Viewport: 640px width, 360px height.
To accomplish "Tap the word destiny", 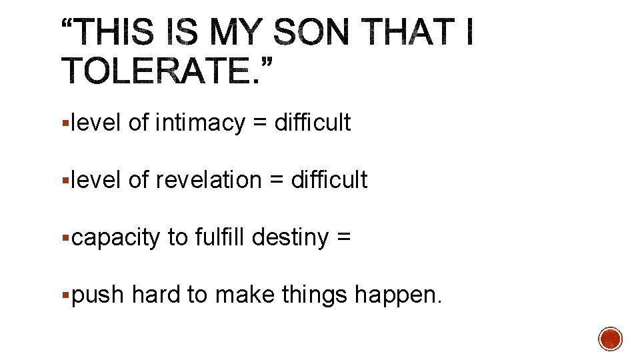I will click(x=291, y=237).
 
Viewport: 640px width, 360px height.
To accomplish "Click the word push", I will click(x=98, y=295).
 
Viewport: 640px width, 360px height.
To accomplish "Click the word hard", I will click(x=156, y=295).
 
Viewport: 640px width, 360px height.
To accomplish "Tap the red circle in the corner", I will click(x=611, y=339).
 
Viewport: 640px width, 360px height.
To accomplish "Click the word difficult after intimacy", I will click(x=313, y=123).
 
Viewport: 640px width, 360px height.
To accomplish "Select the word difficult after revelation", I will click(x=329, y=180).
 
